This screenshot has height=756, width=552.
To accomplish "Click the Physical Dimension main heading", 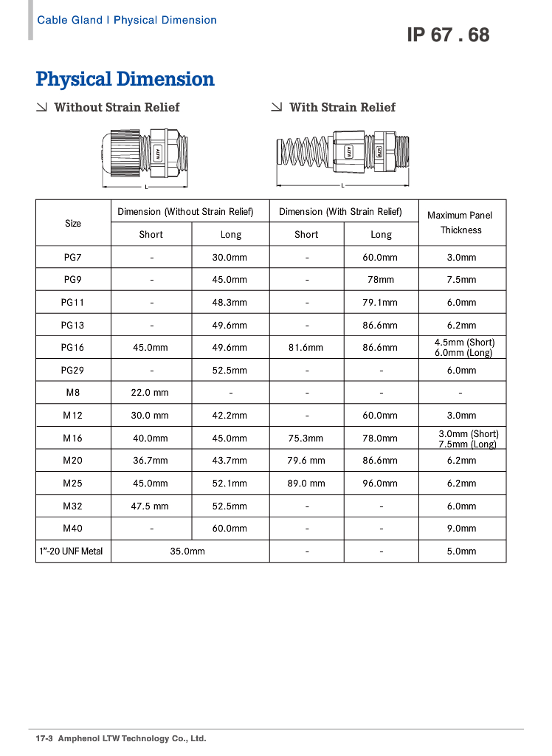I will [125, 79].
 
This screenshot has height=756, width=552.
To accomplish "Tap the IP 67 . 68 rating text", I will [447, 35].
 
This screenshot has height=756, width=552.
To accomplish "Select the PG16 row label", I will [73, 347].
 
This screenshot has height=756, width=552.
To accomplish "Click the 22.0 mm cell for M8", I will [151, 393].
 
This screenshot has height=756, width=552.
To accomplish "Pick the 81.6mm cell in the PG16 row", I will [306, 347].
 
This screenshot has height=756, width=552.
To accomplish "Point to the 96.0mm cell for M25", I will [381, 484].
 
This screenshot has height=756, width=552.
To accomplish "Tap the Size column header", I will [73, 223].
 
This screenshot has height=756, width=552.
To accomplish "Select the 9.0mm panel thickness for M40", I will [461, 529].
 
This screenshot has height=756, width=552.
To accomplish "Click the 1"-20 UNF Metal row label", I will [72, 551].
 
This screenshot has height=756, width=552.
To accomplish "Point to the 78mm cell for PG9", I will [381, 280].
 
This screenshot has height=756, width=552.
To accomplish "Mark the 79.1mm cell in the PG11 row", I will [381, 303].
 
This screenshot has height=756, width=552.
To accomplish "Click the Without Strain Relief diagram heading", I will [117, 107].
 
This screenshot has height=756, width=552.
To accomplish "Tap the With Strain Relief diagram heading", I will [342, 107].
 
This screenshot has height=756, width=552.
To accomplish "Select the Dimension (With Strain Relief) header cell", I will [340, 212].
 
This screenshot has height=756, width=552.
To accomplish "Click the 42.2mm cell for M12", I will [230, 416].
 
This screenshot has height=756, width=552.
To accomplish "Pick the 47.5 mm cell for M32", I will [151, 506].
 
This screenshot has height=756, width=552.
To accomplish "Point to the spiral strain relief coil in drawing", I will [303, 153].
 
